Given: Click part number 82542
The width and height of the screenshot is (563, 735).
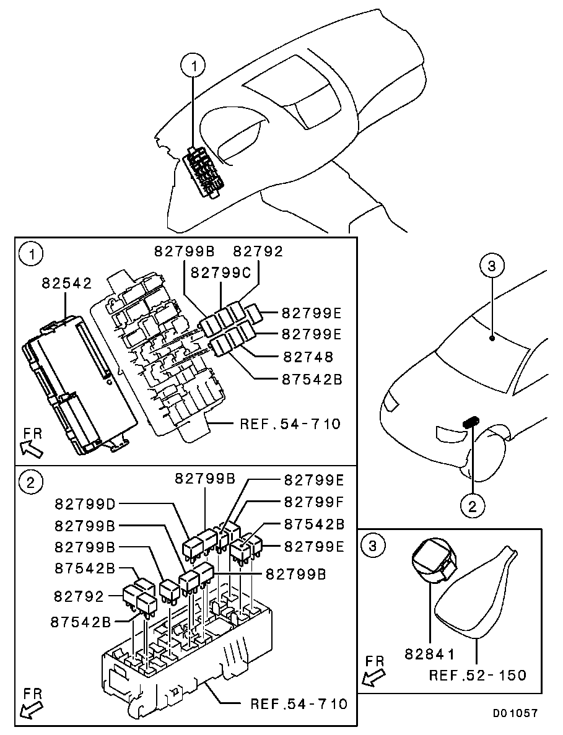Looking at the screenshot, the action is [66, 283].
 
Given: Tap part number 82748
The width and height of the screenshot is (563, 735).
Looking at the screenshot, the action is [308, 357].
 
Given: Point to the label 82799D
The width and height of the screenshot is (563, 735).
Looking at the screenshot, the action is [85, 504].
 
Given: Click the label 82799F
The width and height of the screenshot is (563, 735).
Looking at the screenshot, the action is [313, 502].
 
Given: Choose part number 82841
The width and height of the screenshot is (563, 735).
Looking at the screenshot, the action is [429, 653].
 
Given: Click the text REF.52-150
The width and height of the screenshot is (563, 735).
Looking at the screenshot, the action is [478, 675].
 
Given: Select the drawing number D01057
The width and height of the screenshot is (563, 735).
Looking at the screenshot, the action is [515, 713].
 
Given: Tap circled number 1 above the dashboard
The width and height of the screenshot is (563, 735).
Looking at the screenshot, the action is [193, 66].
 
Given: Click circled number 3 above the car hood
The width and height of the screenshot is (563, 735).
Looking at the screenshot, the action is [491, 266].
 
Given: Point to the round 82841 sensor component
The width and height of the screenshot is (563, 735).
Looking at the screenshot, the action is [430, 561].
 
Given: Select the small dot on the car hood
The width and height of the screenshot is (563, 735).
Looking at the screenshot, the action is [492, 337].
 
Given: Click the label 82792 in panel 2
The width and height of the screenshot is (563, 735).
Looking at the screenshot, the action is [79, 596].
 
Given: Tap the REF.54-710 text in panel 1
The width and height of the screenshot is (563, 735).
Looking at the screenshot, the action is [290, 424].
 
